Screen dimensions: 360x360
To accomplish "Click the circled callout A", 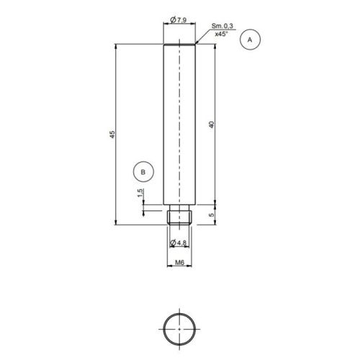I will (250, 40).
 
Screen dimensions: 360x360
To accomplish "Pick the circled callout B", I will (143, 172).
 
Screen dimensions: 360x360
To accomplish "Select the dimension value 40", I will (211, 125).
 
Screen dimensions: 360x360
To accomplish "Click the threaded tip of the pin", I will (180, 216).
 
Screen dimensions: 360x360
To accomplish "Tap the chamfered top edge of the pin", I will (180, 45).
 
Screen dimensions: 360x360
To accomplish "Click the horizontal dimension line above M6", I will (180, 268).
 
